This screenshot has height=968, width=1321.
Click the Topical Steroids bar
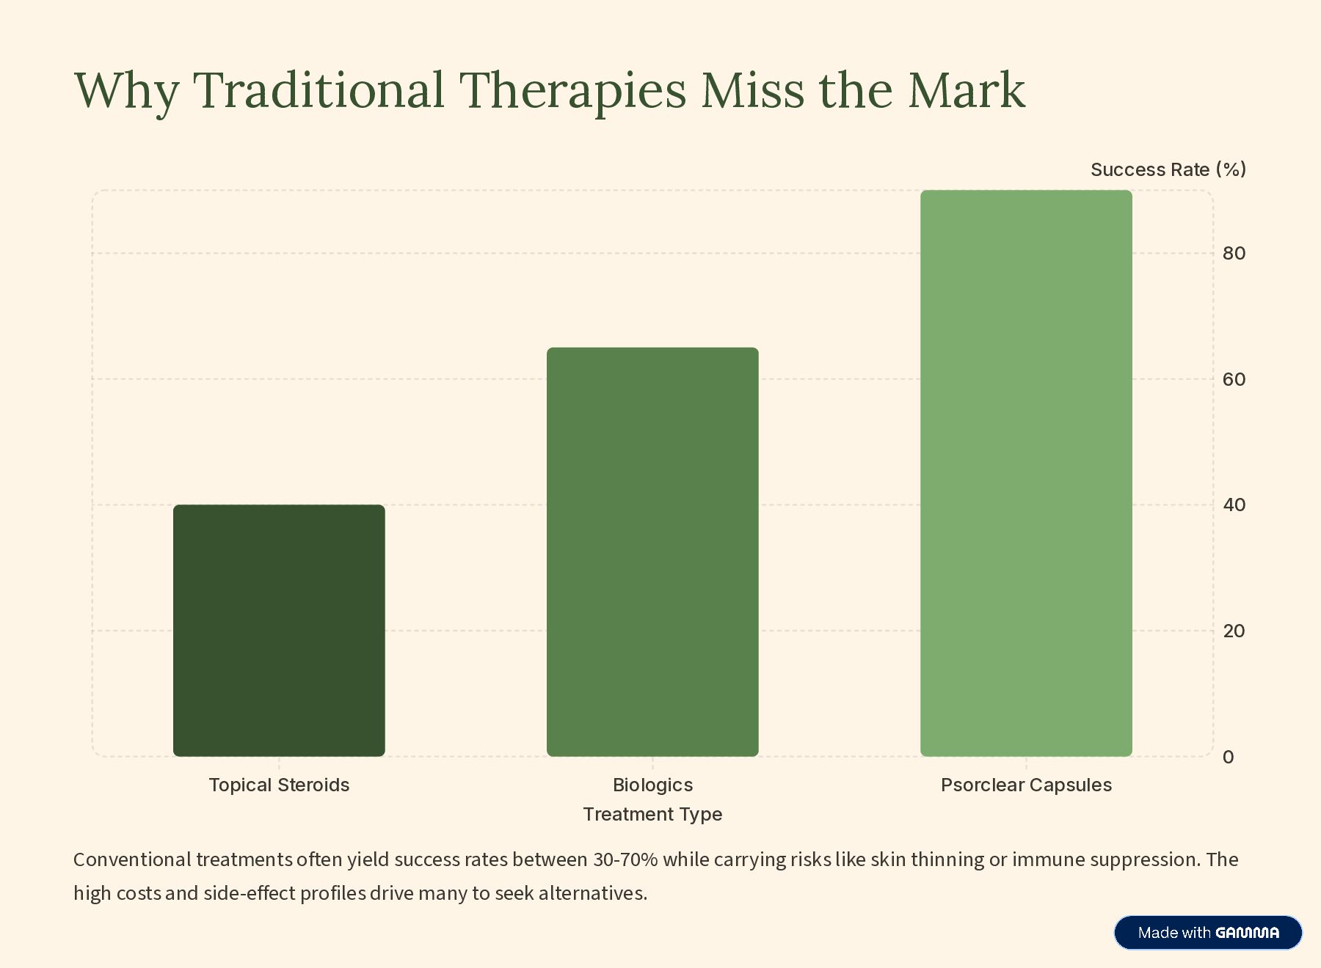click(279, 630)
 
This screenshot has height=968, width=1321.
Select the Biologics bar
click(652, 551)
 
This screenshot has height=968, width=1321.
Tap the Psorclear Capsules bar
click(1026, 473)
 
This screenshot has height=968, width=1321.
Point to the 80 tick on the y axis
click(1234, 254)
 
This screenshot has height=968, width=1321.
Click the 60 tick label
click(1234, 379)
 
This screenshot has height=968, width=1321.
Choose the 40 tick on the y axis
click(1234, 505)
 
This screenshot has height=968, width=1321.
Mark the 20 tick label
click(1234, 631)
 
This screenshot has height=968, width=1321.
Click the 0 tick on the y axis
click(1228, 757)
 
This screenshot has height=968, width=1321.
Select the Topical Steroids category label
click(279, 785)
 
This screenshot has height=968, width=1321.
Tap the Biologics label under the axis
click(652, 785)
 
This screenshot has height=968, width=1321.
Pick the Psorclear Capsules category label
click(1026, 785)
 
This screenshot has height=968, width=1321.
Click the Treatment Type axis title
click(652, 814)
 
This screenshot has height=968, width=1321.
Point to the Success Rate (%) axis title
click(1168, 169)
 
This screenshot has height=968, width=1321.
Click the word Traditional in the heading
click(319, 90)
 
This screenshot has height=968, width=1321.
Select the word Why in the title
click(126, 90)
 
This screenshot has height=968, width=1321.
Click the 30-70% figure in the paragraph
click(625, 859)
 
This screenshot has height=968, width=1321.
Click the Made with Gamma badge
click(1207, 933)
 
